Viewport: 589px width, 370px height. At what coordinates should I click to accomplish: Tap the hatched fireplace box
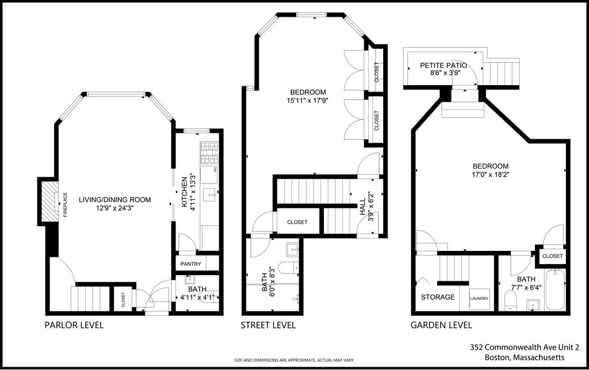49,201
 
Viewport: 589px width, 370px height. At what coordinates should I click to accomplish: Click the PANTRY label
190,264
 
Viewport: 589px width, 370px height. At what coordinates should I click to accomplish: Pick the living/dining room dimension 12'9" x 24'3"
114,209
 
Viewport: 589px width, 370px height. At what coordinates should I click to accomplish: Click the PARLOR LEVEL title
74,325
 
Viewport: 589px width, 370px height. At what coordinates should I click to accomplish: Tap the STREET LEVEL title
268,325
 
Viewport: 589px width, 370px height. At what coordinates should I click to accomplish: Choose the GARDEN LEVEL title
441,325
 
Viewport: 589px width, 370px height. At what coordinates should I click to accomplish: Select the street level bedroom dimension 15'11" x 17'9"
308,101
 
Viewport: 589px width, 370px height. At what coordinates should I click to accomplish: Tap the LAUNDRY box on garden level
479,299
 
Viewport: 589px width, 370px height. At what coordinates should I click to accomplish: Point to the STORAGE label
438,297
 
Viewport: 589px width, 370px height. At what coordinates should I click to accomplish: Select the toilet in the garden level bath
510,300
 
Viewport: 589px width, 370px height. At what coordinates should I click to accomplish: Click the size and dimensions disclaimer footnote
294,360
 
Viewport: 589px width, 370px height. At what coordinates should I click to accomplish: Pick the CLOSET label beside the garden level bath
552,255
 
